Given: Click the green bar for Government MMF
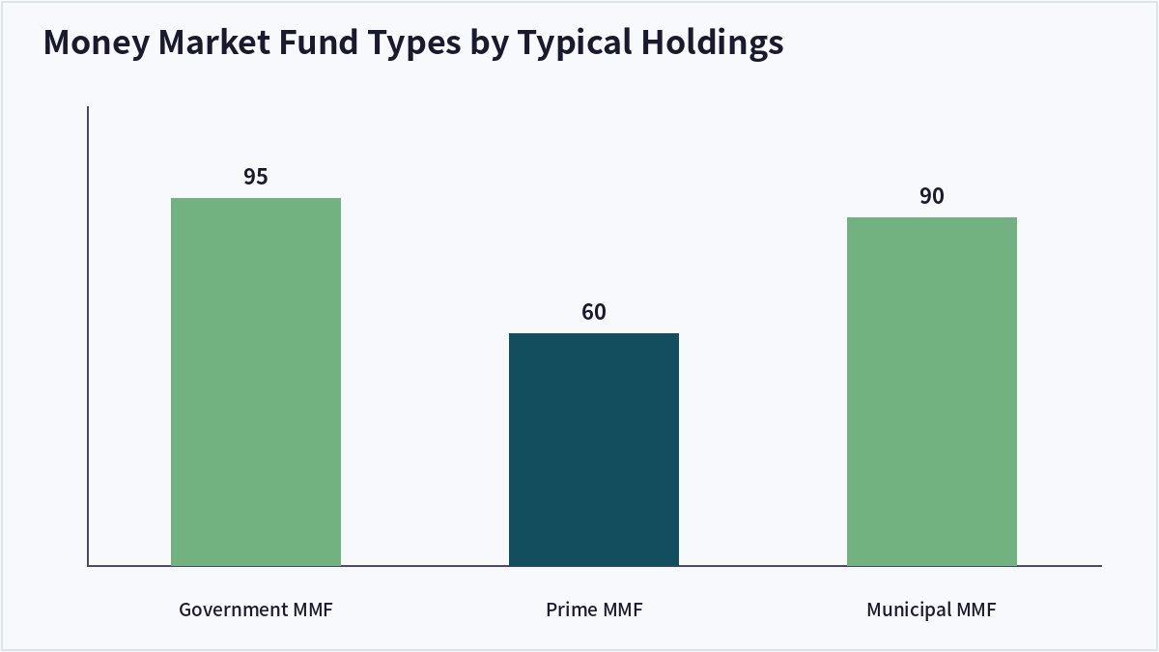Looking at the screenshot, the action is coord(256,382).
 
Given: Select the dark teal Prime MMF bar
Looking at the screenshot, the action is coord(593,450).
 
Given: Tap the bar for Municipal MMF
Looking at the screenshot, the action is coord(931,392).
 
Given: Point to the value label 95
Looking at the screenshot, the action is coord(256,177).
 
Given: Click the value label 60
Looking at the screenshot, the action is coord(593,312).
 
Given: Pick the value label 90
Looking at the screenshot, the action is coord(931,196).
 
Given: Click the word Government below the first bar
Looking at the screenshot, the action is coord(234,609).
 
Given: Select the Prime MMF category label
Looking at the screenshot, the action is coord(594,609).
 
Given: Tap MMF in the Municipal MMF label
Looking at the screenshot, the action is coord(975,609).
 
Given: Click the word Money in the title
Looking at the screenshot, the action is coord(97,43).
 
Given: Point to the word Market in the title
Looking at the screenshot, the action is coord(213,42).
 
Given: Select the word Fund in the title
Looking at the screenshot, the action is coord(318,42).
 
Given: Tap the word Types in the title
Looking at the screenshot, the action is coord(414,43).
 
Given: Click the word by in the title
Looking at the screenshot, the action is coord(489,43).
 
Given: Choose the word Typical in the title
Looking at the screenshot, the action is coord(575,43).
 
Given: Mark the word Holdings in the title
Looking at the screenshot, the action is coord(713,43).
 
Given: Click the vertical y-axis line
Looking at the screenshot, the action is coord(88,336).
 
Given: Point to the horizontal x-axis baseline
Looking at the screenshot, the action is coord(595,566).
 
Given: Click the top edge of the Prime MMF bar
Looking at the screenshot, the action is coord(593,334).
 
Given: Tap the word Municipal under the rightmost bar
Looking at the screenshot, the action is coord(909,609).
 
